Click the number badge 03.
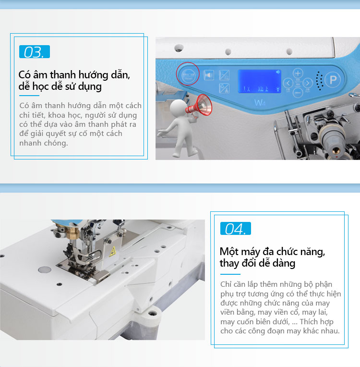pyautogui.click(x=35, y=52)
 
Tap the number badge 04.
pyautogui.click(x=236, y=229)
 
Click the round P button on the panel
pyautogui.click(x=333, y=80)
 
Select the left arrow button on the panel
pyautogui.click(x=288, y=83)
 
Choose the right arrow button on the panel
pyautogui.click(x=308, y=83)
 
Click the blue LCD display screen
pyautogui.click(x=259, y=81)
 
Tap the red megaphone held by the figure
pyautogui.click(x=199, y=106)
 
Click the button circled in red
pyautogui.click(x=188, y=75)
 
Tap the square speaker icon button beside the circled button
pyautogui.click(x=209, y=75)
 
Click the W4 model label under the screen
pyautogui.click(x=260, y=102)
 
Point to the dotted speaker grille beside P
pyautogui.click(x=320, y=81)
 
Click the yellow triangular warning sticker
pyautogui.click(x=112, y=252)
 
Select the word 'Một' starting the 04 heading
pyautogui.click(x=229, y=252)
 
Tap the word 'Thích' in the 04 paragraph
pyautogui.click(x=309, y=321)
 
